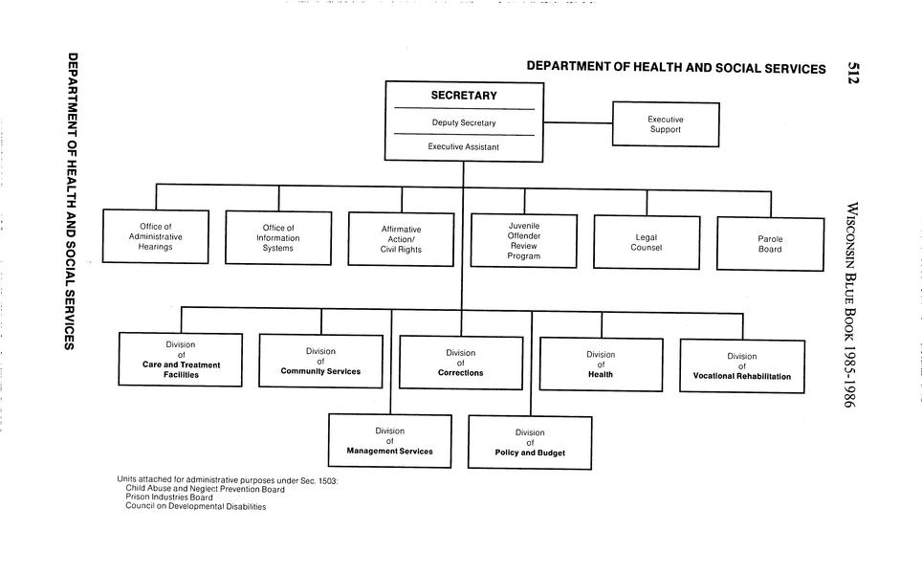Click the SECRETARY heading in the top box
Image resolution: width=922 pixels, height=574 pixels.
tap(464, 96)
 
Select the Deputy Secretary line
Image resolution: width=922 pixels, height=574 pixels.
tap(464, 123)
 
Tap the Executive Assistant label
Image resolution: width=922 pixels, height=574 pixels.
tap(464, 147)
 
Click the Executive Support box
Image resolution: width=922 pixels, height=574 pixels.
tap(665, 124)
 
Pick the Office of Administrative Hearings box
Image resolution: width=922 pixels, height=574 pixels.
tap(155, 236)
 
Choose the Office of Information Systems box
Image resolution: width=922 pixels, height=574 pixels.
tap(278, 237)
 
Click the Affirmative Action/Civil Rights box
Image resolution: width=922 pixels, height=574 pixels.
tap(402, 239)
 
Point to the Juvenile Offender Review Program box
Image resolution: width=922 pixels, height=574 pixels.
tap(524, 240)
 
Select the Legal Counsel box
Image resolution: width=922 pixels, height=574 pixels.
tap(647, 242)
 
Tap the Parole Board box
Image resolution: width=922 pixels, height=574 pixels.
tap(770, 244)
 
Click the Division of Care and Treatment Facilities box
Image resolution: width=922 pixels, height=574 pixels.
tap(181, 360)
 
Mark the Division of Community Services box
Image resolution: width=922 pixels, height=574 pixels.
tap(320, 361)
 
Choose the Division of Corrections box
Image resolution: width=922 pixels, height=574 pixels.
tap(461, 363)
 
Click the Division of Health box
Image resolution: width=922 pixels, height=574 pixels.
tap(601, 364)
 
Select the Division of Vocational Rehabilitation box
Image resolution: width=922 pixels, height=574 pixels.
tap(741, 366)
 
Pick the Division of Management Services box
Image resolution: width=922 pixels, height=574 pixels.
tap(390, 441)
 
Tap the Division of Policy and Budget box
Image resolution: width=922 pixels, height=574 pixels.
tap(530, 442)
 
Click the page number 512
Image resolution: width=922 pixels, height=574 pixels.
tap(855, 74)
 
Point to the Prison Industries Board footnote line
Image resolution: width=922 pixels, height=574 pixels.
tap(169, 497)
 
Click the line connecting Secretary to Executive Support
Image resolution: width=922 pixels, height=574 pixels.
tap(578, 122)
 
